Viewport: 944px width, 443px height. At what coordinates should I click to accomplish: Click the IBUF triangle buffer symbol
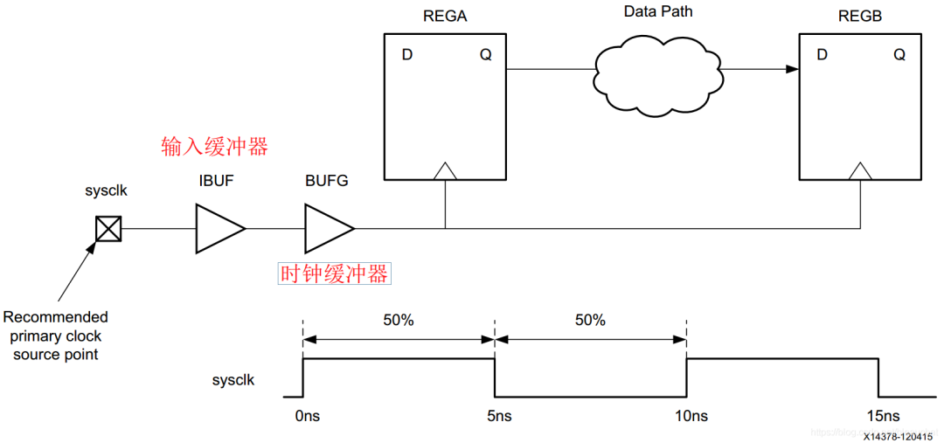point(218,229)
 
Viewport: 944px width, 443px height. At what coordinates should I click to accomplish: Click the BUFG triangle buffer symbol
point(327,229)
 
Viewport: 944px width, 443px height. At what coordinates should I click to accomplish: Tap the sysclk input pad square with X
point(108,229)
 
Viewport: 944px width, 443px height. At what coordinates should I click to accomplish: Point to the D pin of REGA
point(407,55)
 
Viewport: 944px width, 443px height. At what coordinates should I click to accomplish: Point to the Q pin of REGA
point(485,55)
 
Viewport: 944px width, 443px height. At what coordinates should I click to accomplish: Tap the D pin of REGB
point(822,55)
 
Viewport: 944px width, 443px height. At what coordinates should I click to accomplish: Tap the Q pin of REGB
point(899,55)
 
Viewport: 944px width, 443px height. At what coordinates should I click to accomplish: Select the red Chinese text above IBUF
point(214,146)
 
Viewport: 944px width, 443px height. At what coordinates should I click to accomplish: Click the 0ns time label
point(305,416)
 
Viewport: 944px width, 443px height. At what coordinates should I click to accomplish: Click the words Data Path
point(658,12)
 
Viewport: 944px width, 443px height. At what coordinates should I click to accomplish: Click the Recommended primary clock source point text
point(56,336)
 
